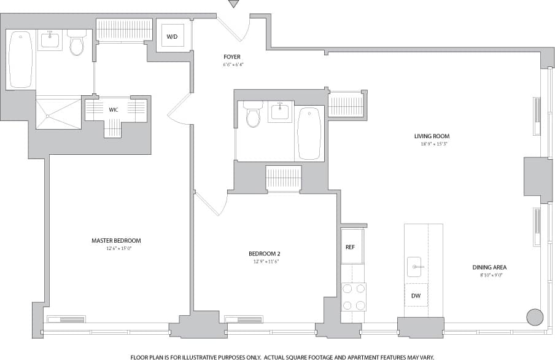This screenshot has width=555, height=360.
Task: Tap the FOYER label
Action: (x=233, y=57)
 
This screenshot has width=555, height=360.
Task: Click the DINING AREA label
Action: (x=489, y=267)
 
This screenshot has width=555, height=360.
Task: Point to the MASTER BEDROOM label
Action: (x=116, y=240)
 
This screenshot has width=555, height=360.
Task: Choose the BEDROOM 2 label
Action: (x=265, y=253)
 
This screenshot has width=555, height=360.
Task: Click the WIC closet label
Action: (x=114, y=109)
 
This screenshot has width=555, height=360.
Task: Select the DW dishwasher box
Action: (x=416, y=295)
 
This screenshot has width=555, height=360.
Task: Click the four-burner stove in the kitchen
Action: (x=354, y=297)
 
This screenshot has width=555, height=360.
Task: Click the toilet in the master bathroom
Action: (x=77, y=43)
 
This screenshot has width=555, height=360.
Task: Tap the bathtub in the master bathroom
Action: (x=20, y=60)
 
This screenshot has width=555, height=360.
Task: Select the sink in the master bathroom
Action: (x=49, y=41)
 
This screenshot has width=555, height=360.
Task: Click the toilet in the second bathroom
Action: (x=253, y=114)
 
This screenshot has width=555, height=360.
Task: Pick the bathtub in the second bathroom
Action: (x=309, y=133)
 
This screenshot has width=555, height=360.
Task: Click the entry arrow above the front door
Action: (x=233, y=4)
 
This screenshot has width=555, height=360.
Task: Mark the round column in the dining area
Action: (x=535, y=317)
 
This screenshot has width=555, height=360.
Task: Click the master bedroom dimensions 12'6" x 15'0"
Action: (x=116, y=248)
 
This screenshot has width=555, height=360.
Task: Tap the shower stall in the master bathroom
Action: (x=58, y=112)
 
